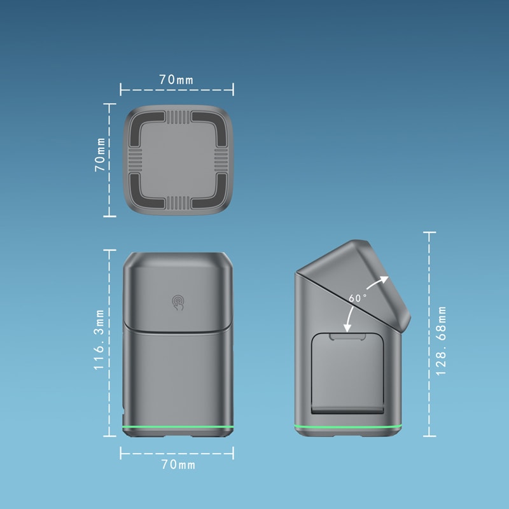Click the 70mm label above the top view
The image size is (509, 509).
(176, 80)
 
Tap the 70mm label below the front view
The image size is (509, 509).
(178, 465)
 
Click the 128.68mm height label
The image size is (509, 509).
(441, 340)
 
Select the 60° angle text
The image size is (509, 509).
(358, 298)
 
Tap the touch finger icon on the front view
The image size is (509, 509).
(178, 302)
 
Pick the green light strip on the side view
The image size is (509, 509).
(349, 426)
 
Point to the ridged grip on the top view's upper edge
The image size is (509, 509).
(177, 117)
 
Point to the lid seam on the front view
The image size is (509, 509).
(177, 330)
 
